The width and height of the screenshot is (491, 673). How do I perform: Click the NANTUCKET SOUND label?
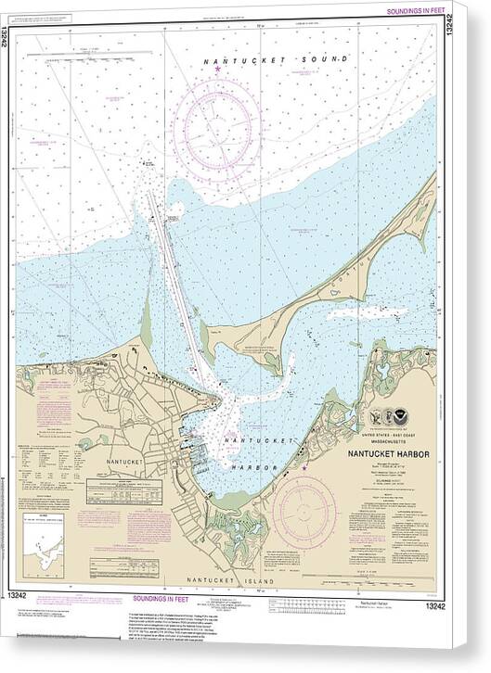[278, 59]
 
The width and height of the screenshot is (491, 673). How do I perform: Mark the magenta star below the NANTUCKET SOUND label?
[218, 70]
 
